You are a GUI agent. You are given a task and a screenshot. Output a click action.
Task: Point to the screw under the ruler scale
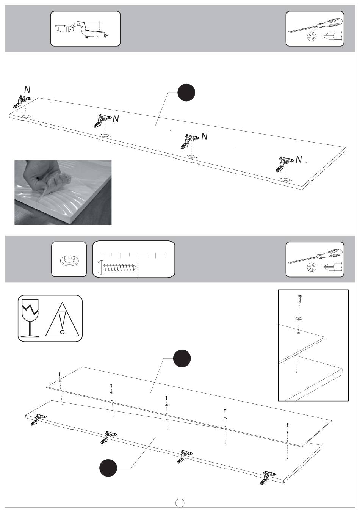118,267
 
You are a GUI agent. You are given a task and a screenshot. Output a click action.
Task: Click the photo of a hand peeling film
63,193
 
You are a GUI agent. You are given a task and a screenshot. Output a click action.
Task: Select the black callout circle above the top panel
186,92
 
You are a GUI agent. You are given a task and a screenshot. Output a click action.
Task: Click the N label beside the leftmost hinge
27,89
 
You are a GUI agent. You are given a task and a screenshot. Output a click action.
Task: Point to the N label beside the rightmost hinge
299,159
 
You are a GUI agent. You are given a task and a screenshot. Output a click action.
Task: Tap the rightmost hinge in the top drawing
285,164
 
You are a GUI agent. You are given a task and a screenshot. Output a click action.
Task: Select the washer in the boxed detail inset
299,318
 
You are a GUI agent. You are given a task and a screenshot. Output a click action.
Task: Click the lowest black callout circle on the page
108,468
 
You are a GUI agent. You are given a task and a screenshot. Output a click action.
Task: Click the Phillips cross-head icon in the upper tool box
311,37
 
